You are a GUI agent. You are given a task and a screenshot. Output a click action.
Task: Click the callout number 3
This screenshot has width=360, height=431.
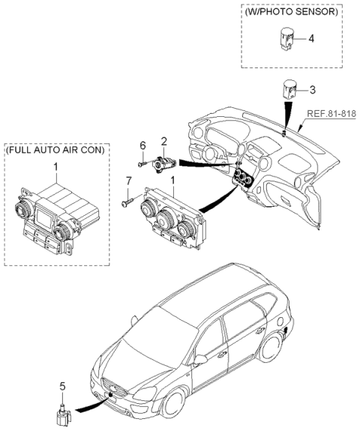point(313,90)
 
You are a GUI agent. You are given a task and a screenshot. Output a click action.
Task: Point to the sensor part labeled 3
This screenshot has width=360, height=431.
point(289,91)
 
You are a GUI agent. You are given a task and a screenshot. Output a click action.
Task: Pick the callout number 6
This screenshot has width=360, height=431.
point(142,145)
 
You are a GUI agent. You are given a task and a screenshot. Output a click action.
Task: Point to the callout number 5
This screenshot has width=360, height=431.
point(64,386)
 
